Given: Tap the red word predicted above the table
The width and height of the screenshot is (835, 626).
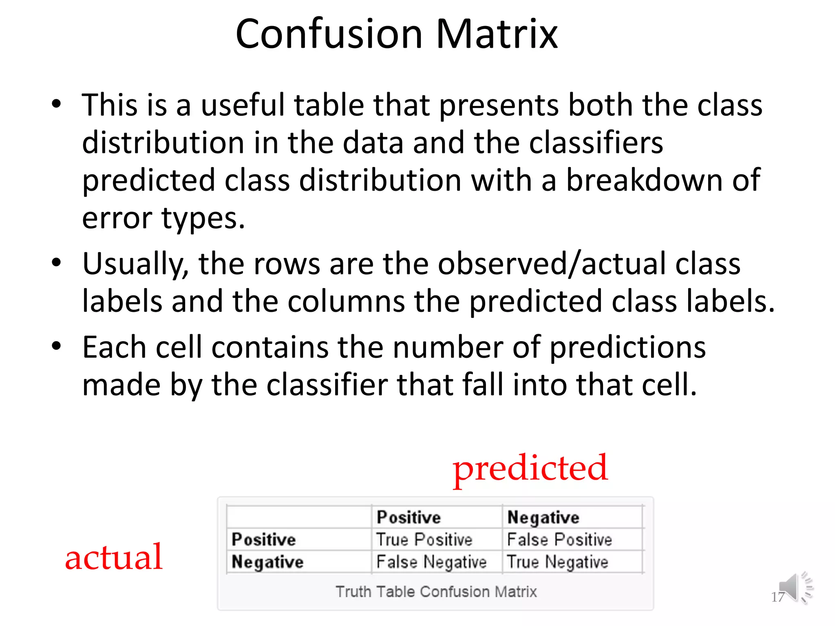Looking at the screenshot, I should (x=530, y=469).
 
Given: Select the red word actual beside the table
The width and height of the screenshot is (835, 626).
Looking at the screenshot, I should (x=114, y=557).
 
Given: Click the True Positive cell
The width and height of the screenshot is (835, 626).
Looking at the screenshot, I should (x=424, y=540).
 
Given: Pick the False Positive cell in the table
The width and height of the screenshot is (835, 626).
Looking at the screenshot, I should (x=559, y=540).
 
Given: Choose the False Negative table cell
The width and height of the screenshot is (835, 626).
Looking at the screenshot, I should (x=431, y=562).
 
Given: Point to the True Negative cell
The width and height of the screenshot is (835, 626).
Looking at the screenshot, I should (x=557, y=562).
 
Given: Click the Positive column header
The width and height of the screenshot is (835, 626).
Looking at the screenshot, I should (x=409, y=517).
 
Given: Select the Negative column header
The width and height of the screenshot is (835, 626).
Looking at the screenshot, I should (x=543, y=518).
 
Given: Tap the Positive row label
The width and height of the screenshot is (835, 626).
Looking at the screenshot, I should (x=263, y=540).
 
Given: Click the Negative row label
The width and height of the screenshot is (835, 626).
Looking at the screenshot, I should (x=267, y=562).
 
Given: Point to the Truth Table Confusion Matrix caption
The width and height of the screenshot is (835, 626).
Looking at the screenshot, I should (x=436, y=592).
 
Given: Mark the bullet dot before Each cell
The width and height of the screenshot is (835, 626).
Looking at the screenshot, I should (x=56, y=346).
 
